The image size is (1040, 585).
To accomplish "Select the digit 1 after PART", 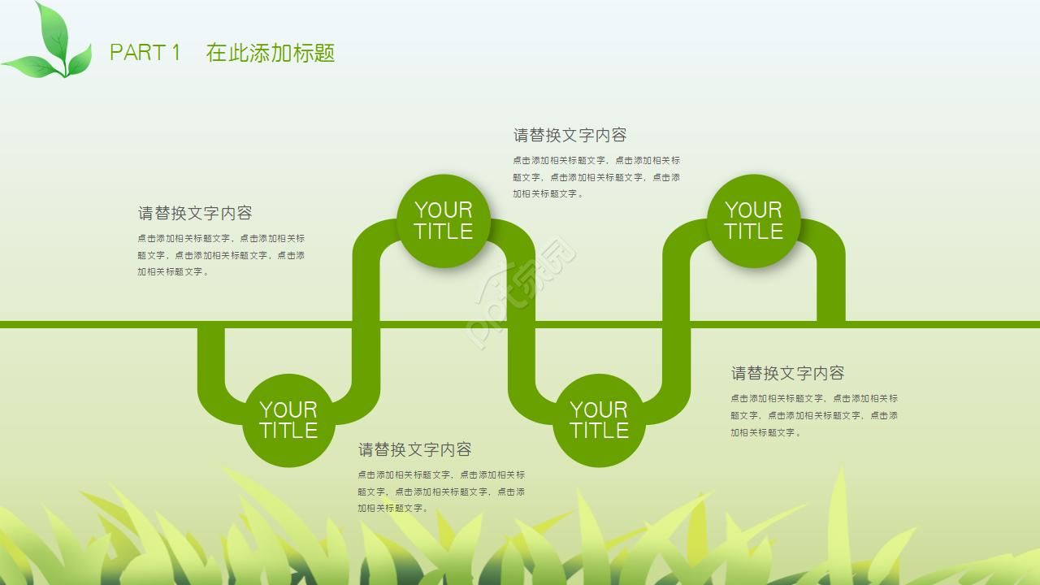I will (x=175, y=53).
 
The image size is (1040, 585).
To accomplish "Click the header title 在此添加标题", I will (x=271, y=53).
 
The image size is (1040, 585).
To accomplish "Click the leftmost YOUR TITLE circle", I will (x=288, y=420).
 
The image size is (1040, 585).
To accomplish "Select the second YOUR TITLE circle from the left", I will (x=444, y=221).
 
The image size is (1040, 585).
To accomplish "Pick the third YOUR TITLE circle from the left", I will (x=599, y=420).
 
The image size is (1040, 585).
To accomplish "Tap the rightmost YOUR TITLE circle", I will (x=753, y=221).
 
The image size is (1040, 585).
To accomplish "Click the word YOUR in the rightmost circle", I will (x=753, y=210).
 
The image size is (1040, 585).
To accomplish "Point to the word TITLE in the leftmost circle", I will (x=288, y=431).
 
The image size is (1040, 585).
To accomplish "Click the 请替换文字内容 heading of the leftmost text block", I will (x=195, y=213).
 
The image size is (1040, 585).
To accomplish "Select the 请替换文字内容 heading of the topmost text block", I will (x=570, y=135).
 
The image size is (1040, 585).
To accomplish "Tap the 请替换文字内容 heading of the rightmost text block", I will (x=787, y=373).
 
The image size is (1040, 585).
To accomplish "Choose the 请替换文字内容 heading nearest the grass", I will (x=414, y=449).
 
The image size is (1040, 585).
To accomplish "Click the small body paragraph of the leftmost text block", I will (x=221, y=255).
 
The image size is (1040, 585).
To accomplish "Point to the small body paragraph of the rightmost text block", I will (x=814, y=415).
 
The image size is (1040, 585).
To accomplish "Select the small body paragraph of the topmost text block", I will (x=596, y=177).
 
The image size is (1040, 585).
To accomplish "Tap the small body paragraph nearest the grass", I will (x=441, y=492).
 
